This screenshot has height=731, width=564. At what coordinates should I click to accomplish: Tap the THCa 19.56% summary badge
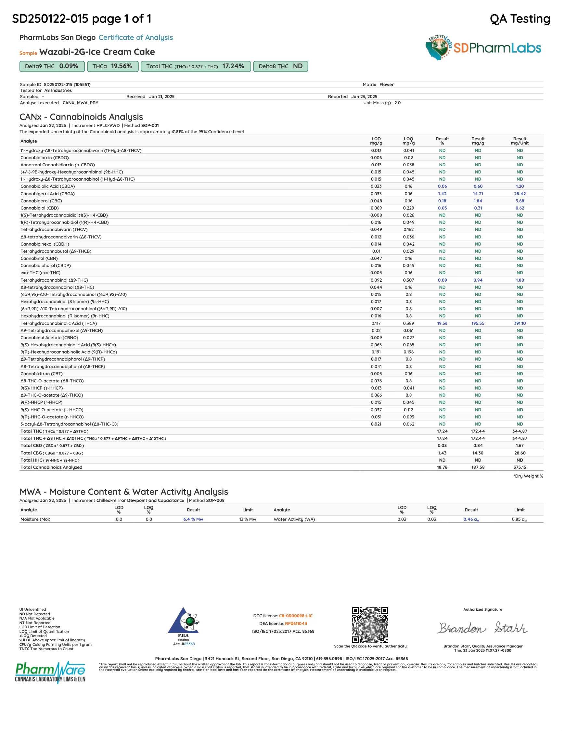point(112,66)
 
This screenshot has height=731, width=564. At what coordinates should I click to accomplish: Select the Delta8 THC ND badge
point(280,66)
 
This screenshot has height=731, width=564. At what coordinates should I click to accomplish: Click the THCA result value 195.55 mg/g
point(478,323)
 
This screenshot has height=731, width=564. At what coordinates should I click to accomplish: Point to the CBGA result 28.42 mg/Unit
point(519,194)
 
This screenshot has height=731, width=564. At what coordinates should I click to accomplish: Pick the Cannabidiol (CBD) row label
point(40,208)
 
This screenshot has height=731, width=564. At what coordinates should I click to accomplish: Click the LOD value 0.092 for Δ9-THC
point(376,280)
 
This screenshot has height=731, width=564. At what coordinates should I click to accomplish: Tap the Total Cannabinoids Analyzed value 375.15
point(519,467)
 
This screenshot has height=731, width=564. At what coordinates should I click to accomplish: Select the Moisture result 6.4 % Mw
point(193,519)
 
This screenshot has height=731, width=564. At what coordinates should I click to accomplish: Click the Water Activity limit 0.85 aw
point(519,519)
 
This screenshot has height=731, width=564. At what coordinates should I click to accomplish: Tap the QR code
point(369,624)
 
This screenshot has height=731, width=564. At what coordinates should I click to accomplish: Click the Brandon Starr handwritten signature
point(483,628)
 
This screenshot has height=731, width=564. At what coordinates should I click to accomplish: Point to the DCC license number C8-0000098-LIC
point(296,616)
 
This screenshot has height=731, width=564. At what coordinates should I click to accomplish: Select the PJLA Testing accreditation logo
point(184,624)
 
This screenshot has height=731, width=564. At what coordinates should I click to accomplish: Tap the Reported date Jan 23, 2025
point(364,97)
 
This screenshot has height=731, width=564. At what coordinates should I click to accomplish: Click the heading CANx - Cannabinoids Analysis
point(81,117)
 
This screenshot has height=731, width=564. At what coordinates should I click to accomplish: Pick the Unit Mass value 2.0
point(397,103)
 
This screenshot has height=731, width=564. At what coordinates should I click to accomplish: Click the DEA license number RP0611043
point(296,623)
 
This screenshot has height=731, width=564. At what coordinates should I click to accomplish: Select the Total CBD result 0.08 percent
point(442,445)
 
